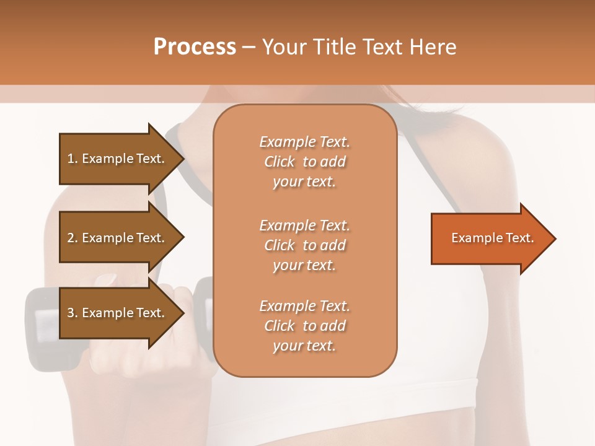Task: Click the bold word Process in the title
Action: [195, 47]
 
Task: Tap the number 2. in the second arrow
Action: [72, 238]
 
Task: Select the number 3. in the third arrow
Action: [72, 313]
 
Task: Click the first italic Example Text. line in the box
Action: [304, 142]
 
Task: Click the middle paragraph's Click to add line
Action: [304, 245]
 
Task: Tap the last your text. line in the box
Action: [304, 346]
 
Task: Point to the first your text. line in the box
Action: [304, 182]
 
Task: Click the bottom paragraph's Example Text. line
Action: [304, 306]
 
